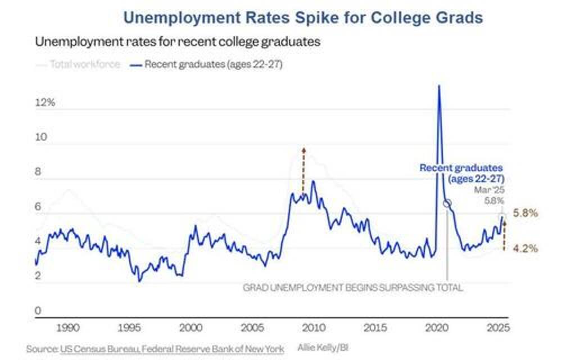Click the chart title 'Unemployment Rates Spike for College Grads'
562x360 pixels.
coord(303,17)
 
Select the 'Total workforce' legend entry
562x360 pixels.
coord(85,64)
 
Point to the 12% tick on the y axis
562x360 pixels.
coord(44,103)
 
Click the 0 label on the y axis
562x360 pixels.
coord(38,310)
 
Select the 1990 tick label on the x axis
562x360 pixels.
coord(67,327)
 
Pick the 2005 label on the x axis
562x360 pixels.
coord(252,327)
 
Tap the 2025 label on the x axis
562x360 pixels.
coord(497,327)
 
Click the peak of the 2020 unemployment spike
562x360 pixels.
coord(438,85)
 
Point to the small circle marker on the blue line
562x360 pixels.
coord(447,203)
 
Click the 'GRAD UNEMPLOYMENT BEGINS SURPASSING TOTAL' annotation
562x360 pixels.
coord(353,287)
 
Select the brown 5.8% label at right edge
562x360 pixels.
coord(526,214)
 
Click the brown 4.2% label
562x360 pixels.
coord(526,247)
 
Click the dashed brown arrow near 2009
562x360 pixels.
coord(303,172)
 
